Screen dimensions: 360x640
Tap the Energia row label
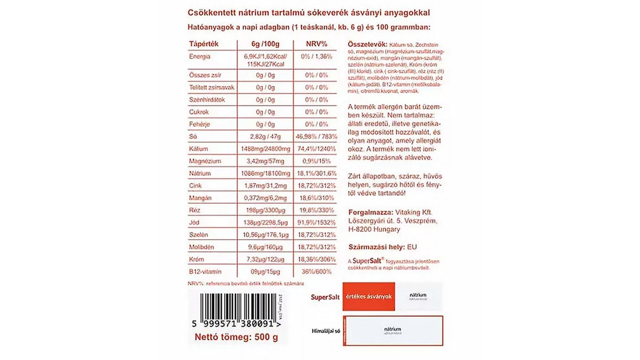(199, 56)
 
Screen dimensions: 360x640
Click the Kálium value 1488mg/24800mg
(265, 149)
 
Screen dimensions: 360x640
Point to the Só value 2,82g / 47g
(265, 136)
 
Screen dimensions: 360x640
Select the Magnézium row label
(205, 161)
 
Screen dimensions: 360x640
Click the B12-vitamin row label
(205, 271)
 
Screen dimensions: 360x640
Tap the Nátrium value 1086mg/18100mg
(265, 173)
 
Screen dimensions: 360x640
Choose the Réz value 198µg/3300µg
(265, 210)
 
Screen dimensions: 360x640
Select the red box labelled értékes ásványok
(369, 296)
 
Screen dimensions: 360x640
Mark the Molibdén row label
(202, 247)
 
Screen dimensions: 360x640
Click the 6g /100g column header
(265, 44)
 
